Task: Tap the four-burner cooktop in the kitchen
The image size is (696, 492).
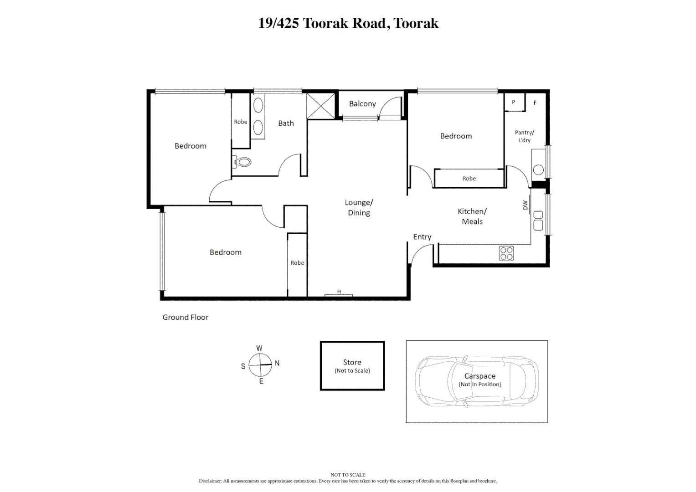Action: (506, 253)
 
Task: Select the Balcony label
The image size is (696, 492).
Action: (362, 104)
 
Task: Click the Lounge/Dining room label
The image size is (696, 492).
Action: (359, 208)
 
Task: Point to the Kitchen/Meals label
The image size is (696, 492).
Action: (472, 216)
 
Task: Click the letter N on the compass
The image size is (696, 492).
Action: (277, 364)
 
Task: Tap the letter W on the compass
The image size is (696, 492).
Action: (259, 348)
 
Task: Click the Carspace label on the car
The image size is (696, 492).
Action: (479, 376)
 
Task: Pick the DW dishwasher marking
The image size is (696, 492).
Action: (525, 205)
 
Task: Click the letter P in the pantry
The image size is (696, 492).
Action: (513, 102)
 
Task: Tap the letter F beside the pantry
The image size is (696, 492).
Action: (535, 103)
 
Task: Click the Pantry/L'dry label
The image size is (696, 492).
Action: (524, 136)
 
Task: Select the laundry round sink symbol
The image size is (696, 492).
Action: (538, 170)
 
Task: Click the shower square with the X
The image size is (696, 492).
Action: (321, 106)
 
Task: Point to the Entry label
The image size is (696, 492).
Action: (422, 237)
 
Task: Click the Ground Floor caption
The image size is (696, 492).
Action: (186, 318)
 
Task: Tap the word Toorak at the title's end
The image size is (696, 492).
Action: (416, 23)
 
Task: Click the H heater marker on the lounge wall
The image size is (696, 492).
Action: (339, 292)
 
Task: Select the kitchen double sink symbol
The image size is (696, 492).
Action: (538, 220)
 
